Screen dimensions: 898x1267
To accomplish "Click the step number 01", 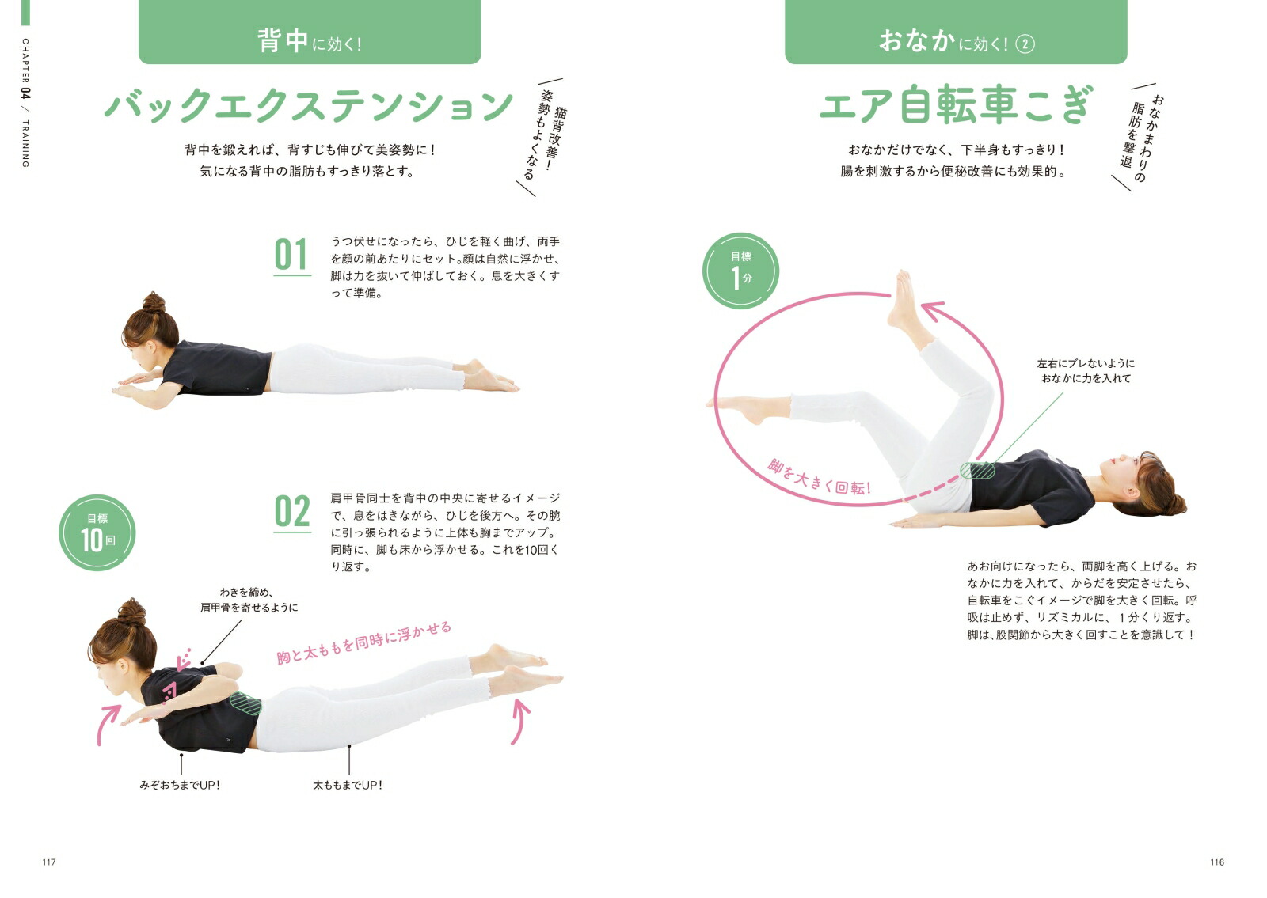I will point(291,255).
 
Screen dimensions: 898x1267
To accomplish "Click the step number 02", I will point(292,512).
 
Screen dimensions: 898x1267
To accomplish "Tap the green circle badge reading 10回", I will point(97,533).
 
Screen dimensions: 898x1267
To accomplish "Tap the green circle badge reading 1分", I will point(740,271).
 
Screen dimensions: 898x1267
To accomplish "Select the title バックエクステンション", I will point(309,105).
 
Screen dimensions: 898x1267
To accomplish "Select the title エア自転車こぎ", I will point(956,105).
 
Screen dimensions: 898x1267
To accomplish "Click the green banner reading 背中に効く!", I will point(310,32).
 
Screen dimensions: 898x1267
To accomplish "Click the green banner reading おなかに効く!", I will point(956,32).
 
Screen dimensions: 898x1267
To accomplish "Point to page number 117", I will point(49,862).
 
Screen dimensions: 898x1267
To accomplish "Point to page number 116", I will point(1217,862).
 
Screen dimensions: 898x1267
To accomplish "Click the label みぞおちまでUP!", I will point(180,785).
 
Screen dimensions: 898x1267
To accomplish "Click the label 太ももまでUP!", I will point(348,785).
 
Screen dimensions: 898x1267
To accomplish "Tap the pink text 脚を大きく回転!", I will point(819,477).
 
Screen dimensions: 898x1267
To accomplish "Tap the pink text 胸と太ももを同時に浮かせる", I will point(364,642).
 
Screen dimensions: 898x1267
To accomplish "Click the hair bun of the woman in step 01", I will point(154,302).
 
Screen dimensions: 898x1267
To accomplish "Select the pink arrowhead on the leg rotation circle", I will point(932,313).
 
